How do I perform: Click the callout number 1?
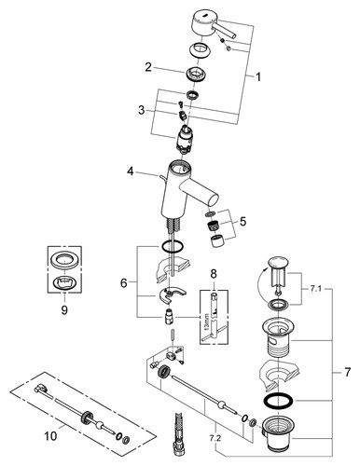coord(258,77)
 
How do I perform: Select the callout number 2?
coord(148,67)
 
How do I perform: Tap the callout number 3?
coord(142,110)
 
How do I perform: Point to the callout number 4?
coord(131,171)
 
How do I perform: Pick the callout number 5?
coord(242,222)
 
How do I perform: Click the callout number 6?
coord(124,283)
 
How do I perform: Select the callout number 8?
coord(214,274)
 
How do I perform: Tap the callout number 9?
coord(64,309)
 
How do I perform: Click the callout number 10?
coord(50,436)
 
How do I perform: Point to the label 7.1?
coord(316,289)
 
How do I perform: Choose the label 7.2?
coord(215,438)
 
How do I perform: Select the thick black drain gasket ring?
coord(280,401)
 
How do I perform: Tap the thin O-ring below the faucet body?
coord(172,247)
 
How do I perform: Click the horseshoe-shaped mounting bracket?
coord(171,295)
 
